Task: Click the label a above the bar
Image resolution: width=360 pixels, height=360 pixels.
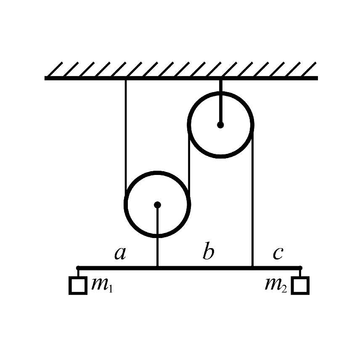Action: coord(120,254)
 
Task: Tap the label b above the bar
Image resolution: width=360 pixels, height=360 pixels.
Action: coord(209,251)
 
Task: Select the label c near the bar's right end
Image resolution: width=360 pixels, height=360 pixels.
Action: coord(278,254)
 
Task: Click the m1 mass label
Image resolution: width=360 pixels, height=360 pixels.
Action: coord(102,285)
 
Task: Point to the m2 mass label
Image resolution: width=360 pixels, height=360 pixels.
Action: coord(276,285)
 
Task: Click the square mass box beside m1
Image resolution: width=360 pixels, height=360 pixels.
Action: coord(78,286)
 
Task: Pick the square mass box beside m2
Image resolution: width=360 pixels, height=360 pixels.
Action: coord(300,286)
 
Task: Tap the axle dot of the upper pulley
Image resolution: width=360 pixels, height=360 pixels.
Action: coord(220,125)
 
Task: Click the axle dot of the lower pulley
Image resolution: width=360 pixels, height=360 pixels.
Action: coord(157,205)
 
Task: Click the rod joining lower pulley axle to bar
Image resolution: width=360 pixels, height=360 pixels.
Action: coord(157,236)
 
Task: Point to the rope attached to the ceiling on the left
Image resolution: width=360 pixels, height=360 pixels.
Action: coord(126,138)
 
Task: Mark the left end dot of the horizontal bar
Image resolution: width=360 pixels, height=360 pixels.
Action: coord(78,268)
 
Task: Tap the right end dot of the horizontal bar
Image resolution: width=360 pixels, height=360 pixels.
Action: coord(300,268)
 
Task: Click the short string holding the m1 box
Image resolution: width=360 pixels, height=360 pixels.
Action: coord(78,273)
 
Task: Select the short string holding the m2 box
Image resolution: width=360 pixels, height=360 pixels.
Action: coord(300,273)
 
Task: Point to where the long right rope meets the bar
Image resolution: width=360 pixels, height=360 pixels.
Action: coord(252,267)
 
